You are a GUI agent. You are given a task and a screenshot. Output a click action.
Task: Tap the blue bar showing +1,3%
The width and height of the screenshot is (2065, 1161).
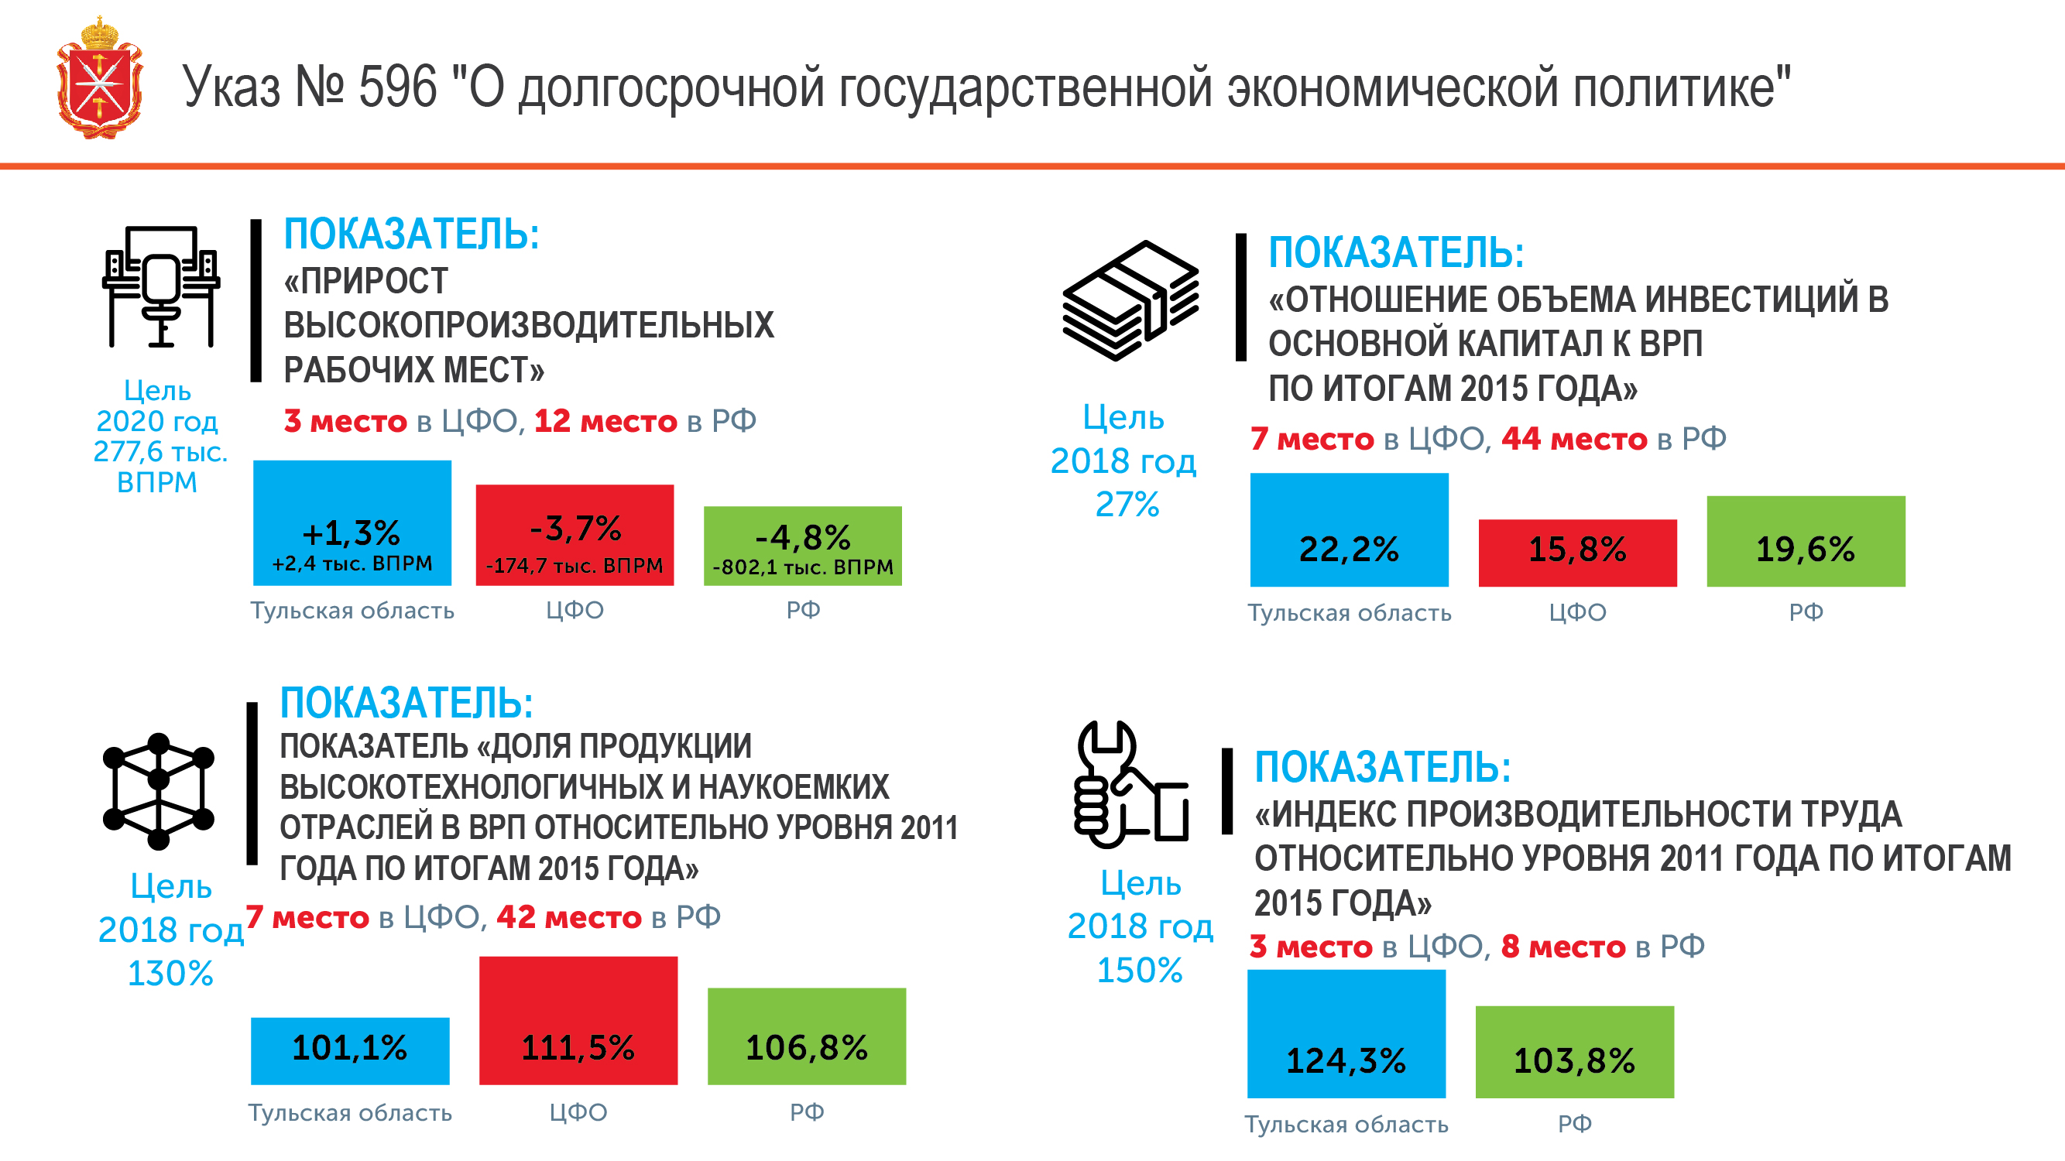[x=352, y=522]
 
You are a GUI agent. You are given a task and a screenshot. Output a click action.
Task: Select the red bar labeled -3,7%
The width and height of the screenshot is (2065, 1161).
[x=575, y=534]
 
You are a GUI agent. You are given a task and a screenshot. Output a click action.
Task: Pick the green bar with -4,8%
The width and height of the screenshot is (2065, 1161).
[x=802, y=546]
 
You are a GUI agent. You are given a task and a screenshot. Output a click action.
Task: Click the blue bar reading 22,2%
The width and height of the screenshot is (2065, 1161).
[x=1349, y=529]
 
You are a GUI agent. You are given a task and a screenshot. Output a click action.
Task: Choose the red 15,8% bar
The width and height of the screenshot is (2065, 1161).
[x=1576, y=553]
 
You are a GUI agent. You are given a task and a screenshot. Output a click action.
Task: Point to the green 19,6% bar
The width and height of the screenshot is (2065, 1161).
[x=1806, y=541]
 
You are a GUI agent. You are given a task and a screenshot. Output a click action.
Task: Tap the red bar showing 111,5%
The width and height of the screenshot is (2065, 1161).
[x=578, y=1020]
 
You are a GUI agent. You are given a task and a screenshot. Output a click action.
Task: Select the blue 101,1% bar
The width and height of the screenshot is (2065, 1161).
[x=349, y=1050]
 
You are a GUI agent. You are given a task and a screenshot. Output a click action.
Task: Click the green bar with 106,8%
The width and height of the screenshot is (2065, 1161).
[x=807, y=1036]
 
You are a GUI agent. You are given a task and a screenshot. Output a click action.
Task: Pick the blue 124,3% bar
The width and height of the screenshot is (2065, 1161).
[x=1346, y=1033]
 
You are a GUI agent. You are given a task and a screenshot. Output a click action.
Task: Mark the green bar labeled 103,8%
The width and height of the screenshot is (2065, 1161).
[x=1574, y=1051]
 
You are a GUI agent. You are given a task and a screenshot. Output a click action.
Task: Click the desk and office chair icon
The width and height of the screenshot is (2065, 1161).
[x=161, y=286]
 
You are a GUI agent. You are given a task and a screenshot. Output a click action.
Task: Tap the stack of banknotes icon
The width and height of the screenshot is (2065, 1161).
[x=1130, y=300]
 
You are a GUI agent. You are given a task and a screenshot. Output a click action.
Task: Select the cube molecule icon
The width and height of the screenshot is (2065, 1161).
[x=159, y=791]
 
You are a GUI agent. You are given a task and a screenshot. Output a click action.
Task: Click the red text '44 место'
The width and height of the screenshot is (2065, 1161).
[x=1573, y=439]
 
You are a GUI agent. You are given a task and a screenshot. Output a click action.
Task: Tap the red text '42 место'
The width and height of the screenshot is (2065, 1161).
[x=568, y=916]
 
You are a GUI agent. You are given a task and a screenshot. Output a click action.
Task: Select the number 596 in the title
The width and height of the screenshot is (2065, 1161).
[x=398, y=87]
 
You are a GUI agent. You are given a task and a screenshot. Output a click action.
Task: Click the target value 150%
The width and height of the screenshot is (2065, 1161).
[x=1139, y=971]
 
